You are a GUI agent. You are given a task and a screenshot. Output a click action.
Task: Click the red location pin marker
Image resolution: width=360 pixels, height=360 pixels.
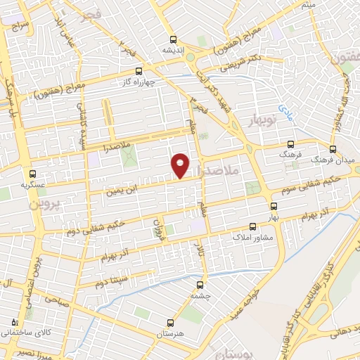181,165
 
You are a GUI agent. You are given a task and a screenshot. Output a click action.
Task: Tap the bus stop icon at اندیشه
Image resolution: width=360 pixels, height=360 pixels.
173,40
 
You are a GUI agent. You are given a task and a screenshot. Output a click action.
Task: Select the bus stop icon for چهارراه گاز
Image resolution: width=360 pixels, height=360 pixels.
139,71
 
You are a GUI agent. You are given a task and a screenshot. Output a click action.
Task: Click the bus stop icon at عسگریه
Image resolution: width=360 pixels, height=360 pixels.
32,174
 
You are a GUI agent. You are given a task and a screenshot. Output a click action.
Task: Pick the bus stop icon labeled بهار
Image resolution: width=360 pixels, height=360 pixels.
274,207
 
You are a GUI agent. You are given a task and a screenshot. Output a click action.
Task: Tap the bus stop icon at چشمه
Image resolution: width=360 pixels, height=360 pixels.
200,285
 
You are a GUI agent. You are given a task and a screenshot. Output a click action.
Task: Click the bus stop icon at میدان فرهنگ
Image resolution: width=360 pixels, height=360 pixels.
333,150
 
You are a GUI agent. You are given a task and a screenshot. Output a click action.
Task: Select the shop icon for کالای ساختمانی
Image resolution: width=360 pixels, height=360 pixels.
15,321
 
